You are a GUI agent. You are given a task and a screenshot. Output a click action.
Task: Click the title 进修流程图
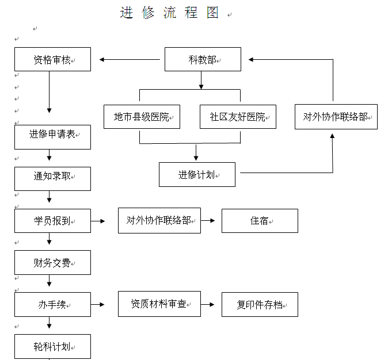tap(169, 13)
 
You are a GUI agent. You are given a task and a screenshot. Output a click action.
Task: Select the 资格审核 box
tap(53, 59)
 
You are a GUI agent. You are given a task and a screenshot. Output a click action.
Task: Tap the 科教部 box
tap(203, 59)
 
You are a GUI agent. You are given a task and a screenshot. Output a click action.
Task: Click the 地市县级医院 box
tap(142, 117)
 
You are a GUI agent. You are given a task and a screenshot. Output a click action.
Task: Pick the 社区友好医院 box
tap(238, 117)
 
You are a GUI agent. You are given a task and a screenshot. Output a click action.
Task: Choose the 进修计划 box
tap(197, 175)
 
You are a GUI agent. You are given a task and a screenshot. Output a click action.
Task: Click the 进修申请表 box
tap(53, 137)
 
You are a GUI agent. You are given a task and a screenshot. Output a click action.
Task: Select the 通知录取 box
tap(53, 179)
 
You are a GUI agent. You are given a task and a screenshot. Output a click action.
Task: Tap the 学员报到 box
tap(53, 221)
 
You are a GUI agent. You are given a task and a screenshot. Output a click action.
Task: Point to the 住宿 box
tap(260, 221)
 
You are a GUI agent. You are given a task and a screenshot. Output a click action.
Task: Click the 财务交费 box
tap(53, 263)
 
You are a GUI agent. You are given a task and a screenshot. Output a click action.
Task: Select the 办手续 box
tap(53, 305)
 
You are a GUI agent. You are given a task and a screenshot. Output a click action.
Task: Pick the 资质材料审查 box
tap(159, 304)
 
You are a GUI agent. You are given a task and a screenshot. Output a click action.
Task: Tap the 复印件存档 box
tap(260, 305)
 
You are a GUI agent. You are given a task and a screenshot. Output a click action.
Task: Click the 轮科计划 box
tap(53, 346)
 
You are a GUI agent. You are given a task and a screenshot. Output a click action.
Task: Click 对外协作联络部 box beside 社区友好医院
tap(336, 117)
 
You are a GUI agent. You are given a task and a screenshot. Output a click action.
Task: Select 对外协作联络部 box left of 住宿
tap(159, 221)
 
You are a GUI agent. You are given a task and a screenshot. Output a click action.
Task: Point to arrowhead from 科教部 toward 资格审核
tap(102, 59)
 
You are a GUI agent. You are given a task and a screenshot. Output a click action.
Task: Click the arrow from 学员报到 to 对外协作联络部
tap(98, 221)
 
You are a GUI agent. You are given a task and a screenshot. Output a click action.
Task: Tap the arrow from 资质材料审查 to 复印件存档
tap(208, 304)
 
